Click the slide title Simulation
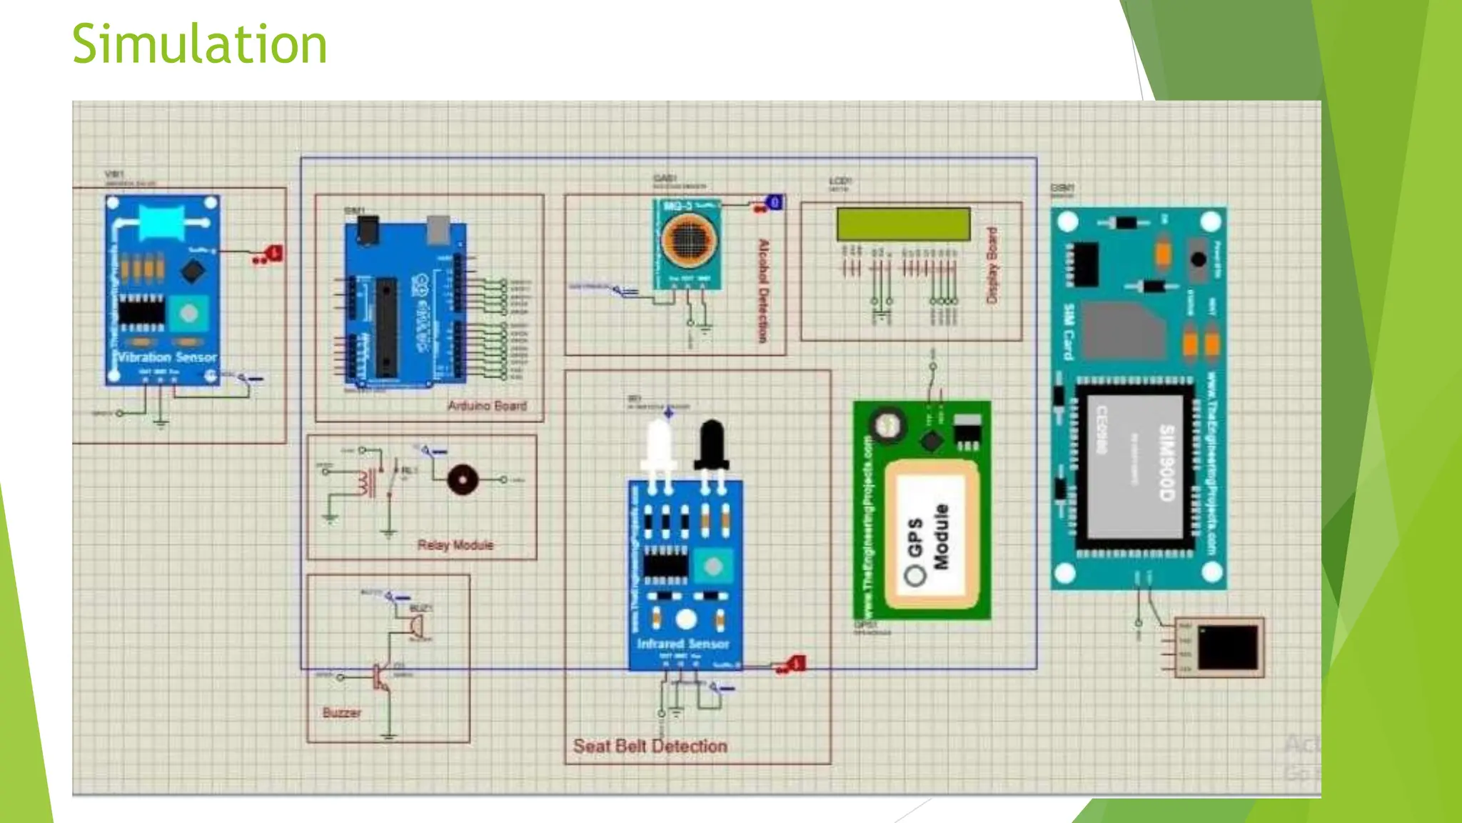click(199, 44)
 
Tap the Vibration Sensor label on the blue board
click(166, 357)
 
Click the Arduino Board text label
click(487, 406)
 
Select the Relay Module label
click(455, 545)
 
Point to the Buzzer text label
click(341, 713)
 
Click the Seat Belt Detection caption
click(650, 747)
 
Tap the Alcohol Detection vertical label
click(763, 291)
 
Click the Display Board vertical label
click(992, 265)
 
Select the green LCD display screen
click(903, 224)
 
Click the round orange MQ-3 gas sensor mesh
click(687, 239)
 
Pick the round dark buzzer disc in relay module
click(463, 479)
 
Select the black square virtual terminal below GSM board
click(1227, 647)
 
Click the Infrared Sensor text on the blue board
click(683, 644)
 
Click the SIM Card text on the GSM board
click(1069, 332)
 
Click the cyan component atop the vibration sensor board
click(162, 222)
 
